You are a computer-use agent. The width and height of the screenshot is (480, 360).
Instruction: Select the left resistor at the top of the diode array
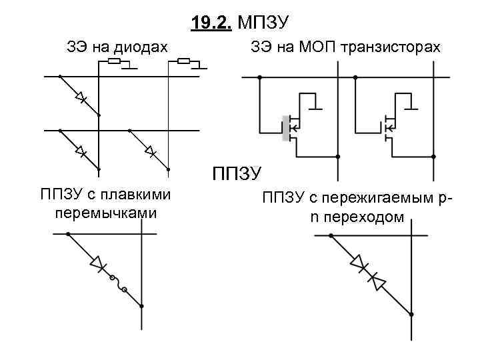[x=114, y=62]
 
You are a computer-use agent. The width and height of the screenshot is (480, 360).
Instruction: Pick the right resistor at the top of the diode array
[x=185, y=62]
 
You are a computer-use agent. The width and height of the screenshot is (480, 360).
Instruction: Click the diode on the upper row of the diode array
[x=81, y=98]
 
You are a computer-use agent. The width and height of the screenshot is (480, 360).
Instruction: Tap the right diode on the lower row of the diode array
[x=150, y=151]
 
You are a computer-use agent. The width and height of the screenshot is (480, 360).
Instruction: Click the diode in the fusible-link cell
[x=99, y=265]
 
